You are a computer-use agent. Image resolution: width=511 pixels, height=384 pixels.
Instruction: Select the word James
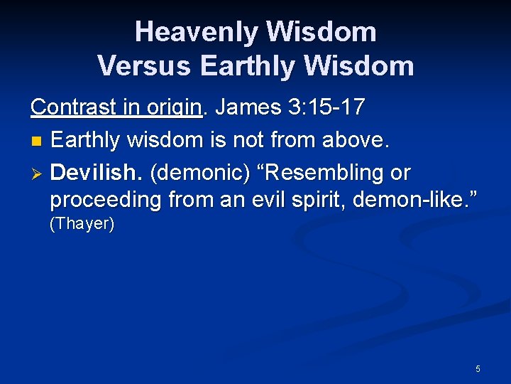[x=248, y=107]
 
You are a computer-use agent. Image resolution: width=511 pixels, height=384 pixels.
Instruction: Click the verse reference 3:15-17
[x=327, y=107]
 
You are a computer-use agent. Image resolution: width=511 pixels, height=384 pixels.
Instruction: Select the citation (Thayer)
[x=82, y=224]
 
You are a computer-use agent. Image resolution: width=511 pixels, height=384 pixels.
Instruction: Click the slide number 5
[x=478, y=368]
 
